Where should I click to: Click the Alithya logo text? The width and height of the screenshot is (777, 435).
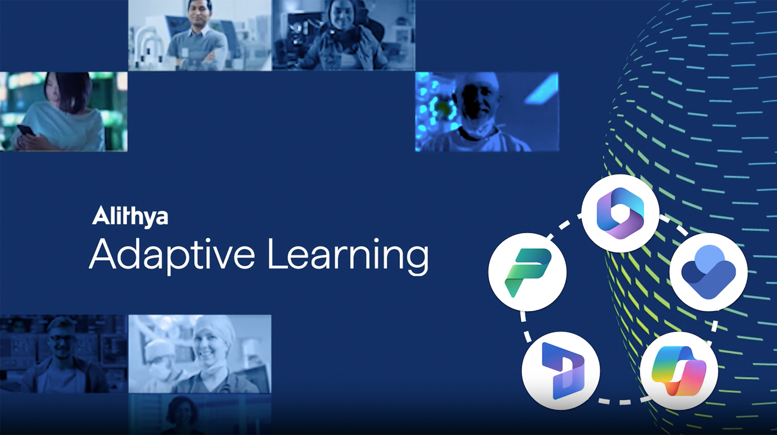(130, 216)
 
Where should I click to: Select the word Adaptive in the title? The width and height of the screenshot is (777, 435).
(172, 255)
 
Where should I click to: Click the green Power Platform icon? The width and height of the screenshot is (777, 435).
(527, 272)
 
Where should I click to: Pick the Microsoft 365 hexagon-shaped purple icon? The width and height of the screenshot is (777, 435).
(620, 213)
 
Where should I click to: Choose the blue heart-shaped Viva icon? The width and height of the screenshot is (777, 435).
(708, 272)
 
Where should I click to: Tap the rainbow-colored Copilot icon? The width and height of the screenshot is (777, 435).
(678, 371)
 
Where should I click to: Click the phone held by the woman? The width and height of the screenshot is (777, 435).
(26, 131)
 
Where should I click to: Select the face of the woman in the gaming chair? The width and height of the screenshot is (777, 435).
(342, 15)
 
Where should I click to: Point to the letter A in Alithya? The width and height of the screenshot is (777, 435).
(101, 216)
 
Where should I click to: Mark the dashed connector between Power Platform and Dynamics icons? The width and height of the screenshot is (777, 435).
(525, 326)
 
